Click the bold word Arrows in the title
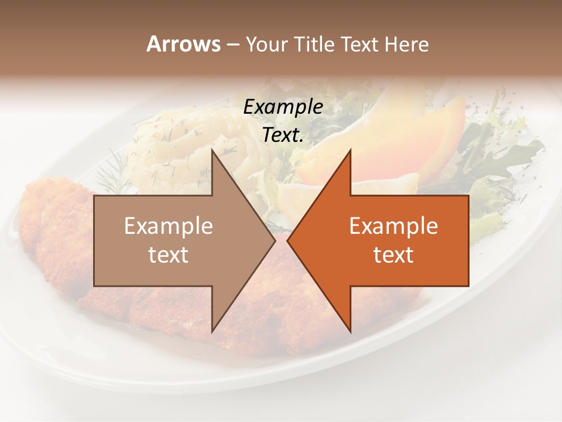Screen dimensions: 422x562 pyautogui.click(x=184, y=44)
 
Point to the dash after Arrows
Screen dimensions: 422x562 pyautogui.click(x=233, y=45)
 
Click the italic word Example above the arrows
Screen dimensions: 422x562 pyautogui.click(x=283, y=107)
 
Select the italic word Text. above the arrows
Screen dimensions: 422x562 pyautogui.click(x=283, y=135)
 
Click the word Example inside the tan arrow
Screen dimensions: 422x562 pyautogui.click(x=169, y=226)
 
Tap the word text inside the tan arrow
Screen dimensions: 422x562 pyautogui.click(x=169, y=254)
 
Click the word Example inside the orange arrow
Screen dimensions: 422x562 pyautogui.click(x=393, y=226)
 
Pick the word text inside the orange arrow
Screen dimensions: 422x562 pyautogui.click(x=393, y=254)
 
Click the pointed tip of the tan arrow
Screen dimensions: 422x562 pyautogui.click(x=274, y=240)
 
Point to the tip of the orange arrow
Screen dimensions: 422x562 pyautogui.click(x=288, y=240)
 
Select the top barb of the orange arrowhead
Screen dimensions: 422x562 pyautogui.click(x=349, y=154)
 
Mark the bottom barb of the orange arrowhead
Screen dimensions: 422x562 pyautogui.click(x=349, y=330)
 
